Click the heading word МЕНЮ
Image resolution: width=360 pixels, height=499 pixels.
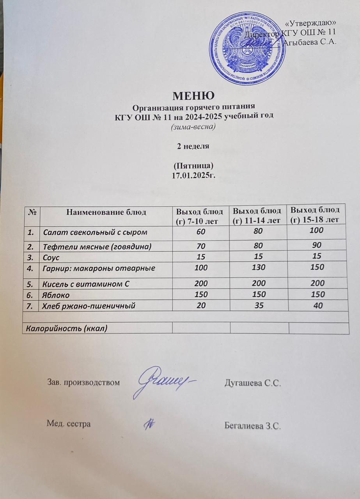pyautogui.click(x=193, y=96)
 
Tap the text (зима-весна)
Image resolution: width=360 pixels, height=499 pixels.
pyautogui.click(x=194, y=127)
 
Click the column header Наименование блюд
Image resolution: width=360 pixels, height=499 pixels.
pyautogui.click(x=106, y=212)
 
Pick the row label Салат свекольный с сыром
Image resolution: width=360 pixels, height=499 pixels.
pyautogui.click(x=95, y=233)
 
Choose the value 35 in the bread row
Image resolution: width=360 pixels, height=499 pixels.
pyautogui.click(x=258, y=306)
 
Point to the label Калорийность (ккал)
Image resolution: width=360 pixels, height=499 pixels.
pyautogui.click(x=66, y=328)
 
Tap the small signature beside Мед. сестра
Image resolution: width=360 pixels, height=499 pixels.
pyautogui.click(x=149, y=424)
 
